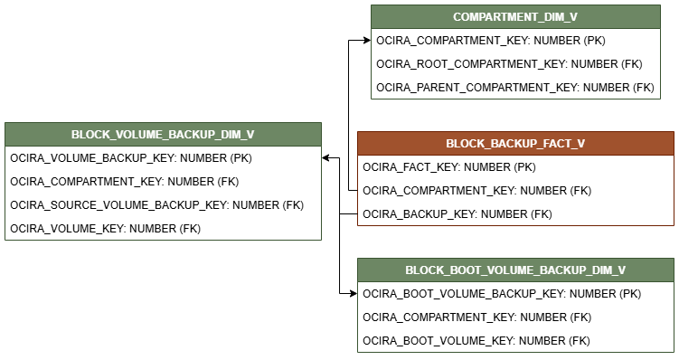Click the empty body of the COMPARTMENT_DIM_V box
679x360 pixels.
[x=515, y=63]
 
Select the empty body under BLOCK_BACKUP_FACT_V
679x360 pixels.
[x=515, y=190]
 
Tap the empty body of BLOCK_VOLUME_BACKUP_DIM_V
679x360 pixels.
[x=163, y=193]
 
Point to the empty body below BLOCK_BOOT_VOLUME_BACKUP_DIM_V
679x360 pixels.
[x=515, y=317]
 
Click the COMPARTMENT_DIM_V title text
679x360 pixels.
[x=515, y=17]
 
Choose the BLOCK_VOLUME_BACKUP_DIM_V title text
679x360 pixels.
[x=163, y=135]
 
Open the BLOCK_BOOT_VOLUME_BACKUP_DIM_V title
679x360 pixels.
[x=515, y=270]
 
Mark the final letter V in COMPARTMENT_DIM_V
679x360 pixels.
[x=573, y=17]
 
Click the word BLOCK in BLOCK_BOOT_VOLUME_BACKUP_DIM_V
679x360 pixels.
[x=423, y=270]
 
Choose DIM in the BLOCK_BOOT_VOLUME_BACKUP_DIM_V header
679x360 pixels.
[x=601, y=270]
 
